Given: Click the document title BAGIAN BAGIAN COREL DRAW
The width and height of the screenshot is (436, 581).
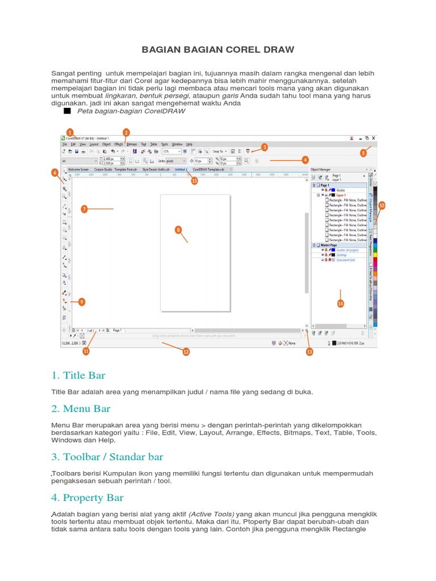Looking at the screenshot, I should pyautogui.click(x=218, y=49).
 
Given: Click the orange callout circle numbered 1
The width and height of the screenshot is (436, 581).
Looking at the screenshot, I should pyautogui.click(x=70, y=132).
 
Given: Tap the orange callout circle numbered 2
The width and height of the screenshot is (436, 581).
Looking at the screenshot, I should pyautogui.click(x=126, y=132).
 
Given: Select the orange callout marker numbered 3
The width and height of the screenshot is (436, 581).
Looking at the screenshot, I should pyautogui.click(x=265, y=147).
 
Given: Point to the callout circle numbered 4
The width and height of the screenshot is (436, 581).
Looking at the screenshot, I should pyautogui.click(x=305, y=160).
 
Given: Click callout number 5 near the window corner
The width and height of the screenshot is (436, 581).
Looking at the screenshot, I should pyautogui.click(x=363, y=153).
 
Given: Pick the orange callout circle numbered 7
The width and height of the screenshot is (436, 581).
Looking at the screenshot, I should pyautogui.click(x=83, y=209).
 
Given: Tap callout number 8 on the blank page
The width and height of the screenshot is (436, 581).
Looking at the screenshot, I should pyautogui.click(x=178, y=230).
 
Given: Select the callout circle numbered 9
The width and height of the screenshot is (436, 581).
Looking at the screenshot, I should pyautogui.click(x=82, y=302).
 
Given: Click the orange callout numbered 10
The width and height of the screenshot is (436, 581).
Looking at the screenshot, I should pyautogui.click(x=381, y=205).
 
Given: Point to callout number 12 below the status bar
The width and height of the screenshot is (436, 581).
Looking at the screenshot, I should pyautogui.click(x=186, y=352).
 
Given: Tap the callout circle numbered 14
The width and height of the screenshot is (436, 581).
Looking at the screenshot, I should pyautogui.click(x=341, y=304).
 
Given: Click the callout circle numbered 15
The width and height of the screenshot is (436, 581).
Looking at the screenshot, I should pyautogui.click(x=194, y=181).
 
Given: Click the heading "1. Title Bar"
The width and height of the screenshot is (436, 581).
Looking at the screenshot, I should pyautogui.click(x=78, y=375).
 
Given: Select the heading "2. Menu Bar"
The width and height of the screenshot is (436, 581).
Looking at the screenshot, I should pyautogui.click(x=81, y=409).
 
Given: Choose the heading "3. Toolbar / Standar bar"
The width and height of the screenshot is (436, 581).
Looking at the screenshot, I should pyautogui.click(x=107, y=456).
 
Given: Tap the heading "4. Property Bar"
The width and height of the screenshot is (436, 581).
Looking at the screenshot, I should pyautogui.click(x=87, y=498).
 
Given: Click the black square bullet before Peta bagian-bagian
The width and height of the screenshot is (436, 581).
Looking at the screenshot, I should pyautogui.click(x=67, y=111).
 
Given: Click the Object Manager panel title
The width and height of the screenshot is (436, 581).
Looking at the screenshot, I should pyautogui.click(x=321, y=169).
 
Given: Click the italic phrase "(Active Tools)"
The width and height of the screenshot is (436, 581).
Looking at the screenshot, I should pyautogui.click(x=211, y=514).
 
